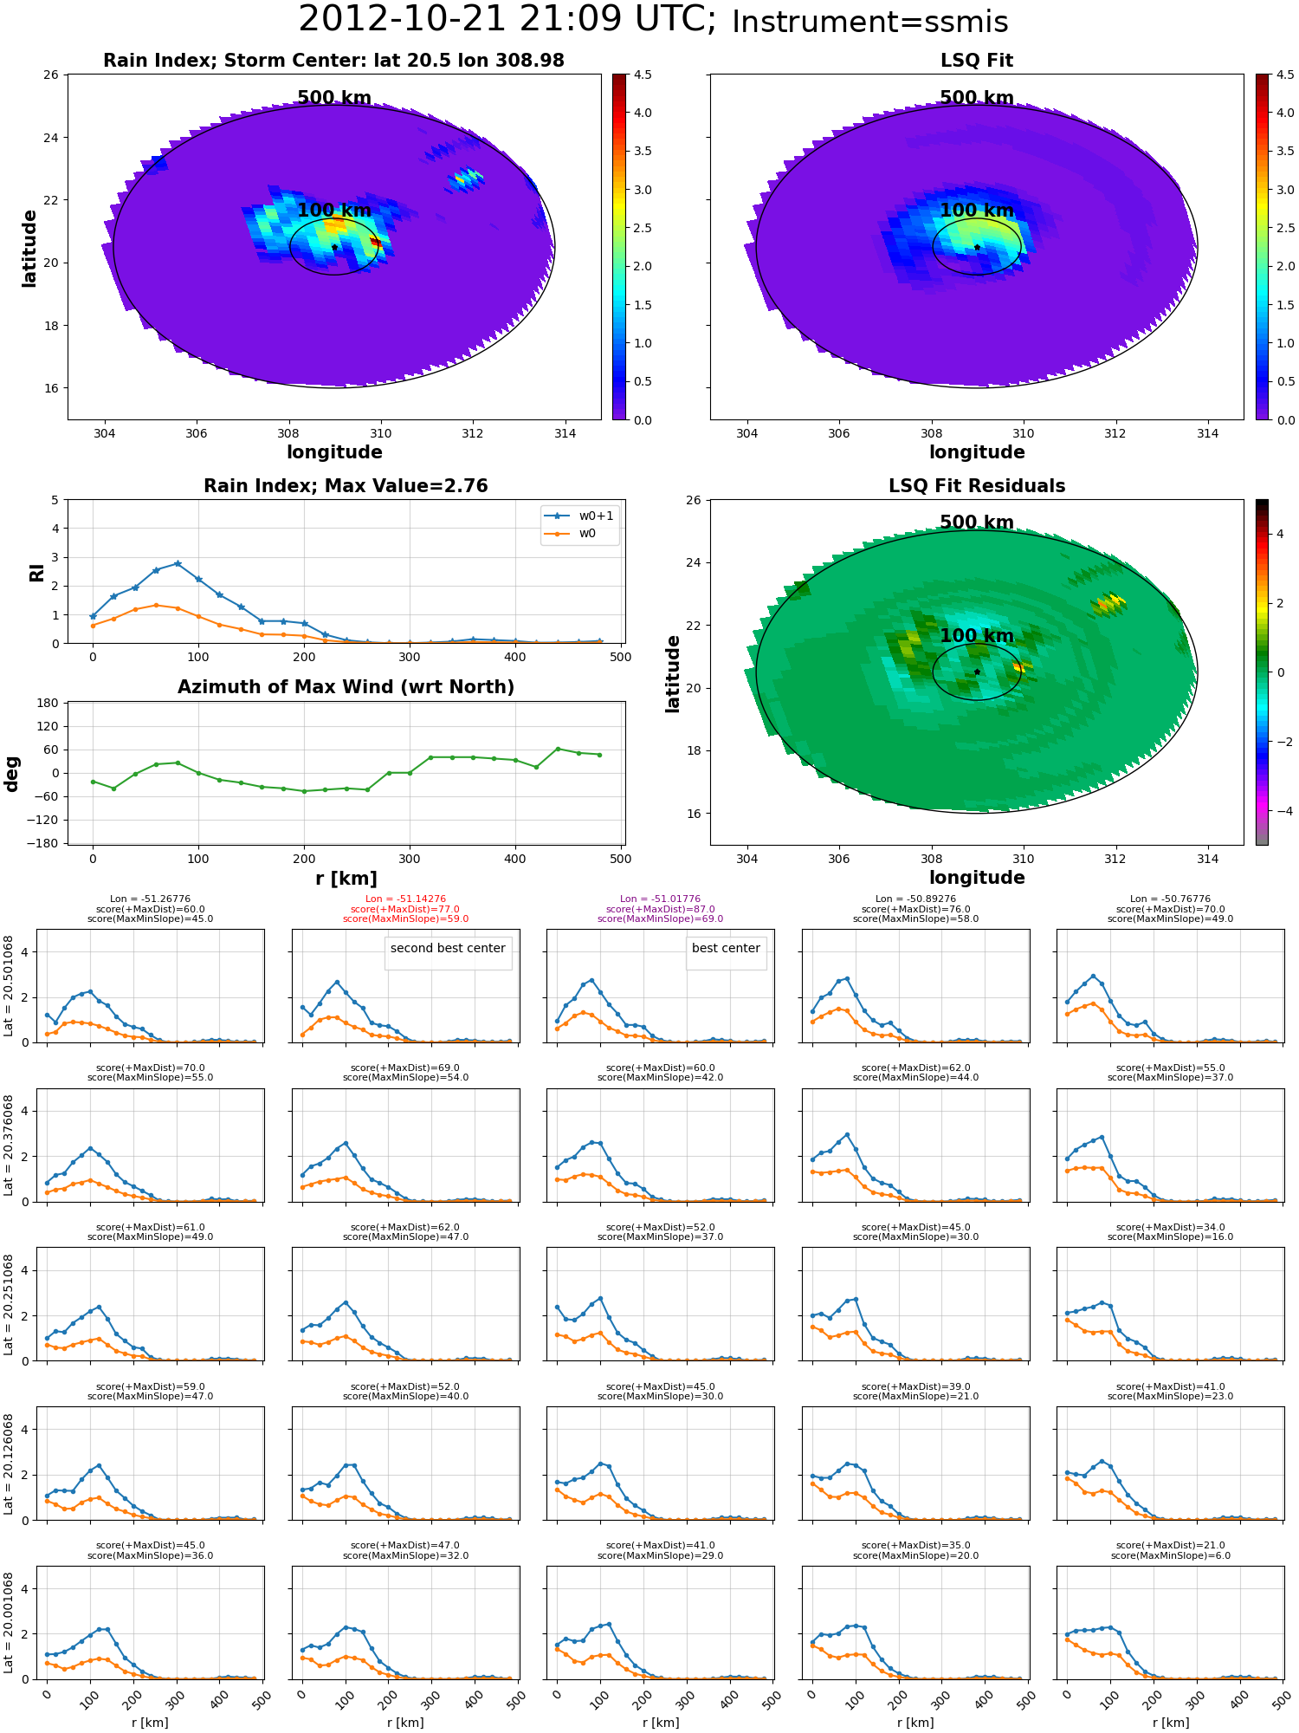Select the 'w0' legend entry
coord(587,533)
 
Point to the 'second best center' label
coord(448,948)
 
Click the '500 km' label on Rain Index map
coord(334,98)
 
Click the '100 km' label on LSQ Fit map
coord(977,211)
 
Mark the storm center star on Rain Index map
coord(334,247)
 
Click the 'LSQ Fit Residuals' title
coord(977,486)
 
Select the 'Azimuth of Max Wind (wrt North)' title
coord(346,687)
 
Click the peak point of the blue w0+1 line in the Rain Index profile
coord(178,563)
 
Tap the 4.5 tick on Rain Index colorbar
coord(643,75)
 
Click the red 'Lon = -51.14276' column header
coord(405,899)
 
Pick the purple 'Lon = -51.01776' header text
coord(660,899)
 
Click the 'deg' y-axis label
coord(11,773)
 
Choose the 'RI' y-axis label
coord(36,572)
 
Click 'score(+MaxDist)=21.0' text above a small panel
coord(1170,1546)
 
